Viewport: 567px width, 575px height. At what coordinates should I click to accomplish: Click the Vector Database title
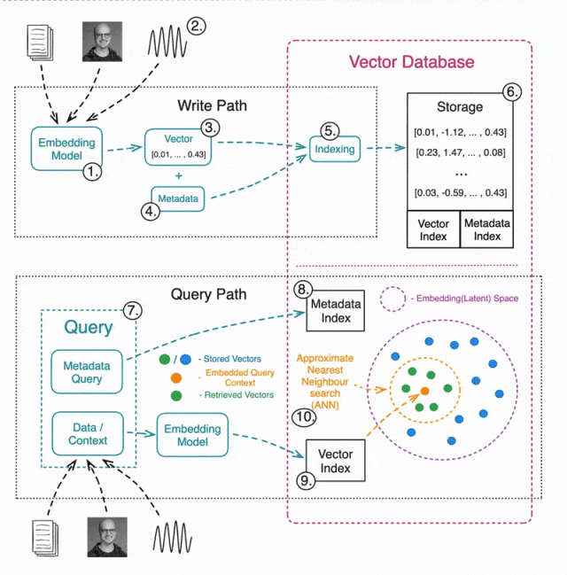pos(411,62)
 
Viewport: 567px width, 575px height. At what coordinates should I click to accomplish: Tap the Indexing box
pos(334,150)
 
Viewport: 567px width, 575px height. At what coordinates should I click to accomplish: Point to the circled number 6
pos(511,91)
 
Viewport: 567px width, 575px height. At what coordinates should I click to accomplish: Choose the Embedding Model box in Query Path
pos(189,434)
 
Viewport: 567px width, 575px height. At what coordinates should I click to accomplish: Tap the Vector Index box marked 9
pos(335,461)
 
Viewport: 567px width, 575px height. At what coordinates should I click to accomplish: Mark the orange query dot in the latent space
pos(425,390)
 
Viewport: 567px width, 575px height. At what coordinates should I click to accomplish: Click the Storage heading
pos(460,107)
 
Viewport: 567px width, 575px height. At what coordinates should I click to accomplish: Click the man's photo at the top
pos(102,41)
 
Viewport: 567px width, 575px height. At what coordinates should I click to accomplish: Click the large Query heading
pos(88,328)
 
